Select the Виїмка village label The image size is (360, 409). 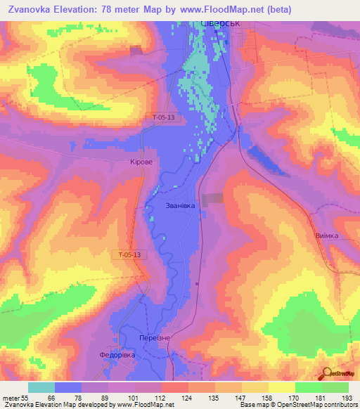point(326,236)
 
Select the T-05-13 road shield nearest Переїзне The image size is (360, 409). point(130,254)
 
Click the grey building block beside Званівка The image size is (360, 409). point(212,200)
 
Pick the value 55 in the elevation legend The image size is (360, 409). point(25,398)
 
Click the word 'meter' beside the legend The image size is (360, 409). point(9,398)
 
